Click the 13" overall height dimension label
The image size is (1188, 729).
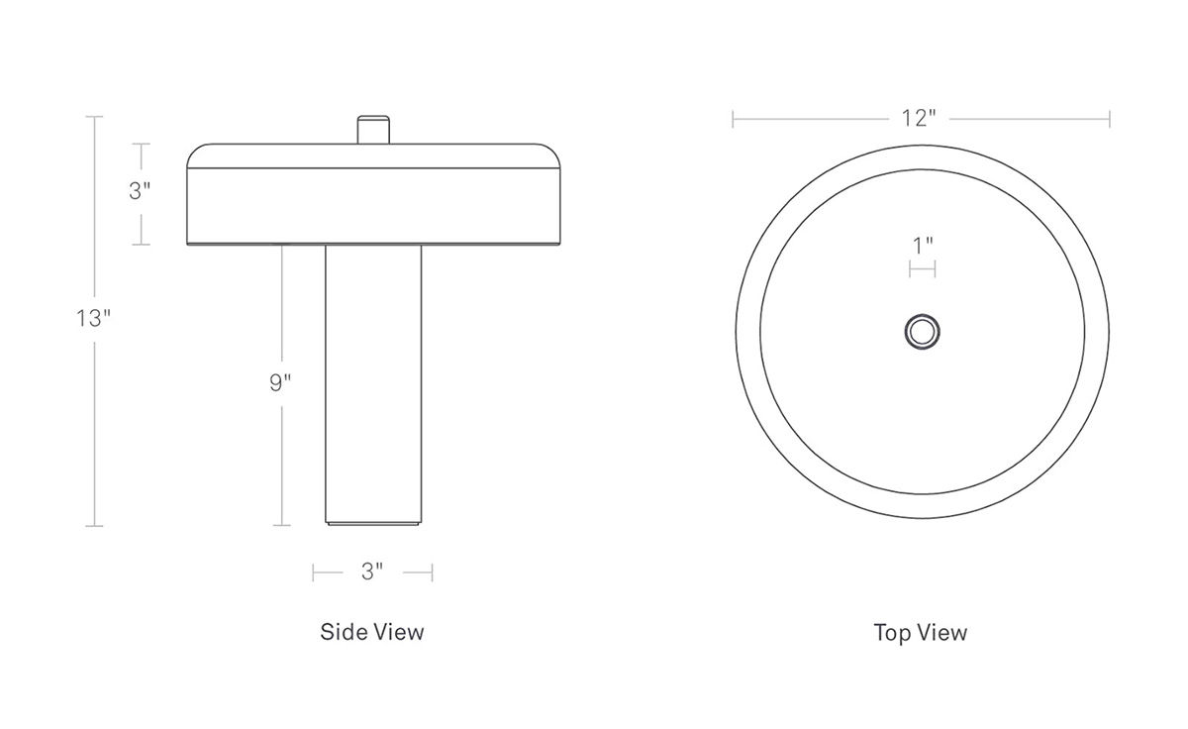tap(94, 318)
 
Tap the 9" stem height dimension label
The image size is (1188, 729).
tap(280, 382)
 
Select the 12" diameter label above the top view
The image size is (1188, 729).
tap(919, 118)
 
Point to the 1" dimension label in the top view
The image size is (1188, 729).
tap(923, 246)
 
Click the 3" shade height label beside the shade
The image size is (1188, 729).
tap(140, 190)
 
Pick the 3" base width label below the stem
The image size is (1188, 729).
tap(372, 572)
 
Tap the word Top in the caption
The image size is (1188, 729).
tap(894, 633)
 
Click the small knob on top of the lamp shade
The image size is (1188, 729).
tap(373, 130)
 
